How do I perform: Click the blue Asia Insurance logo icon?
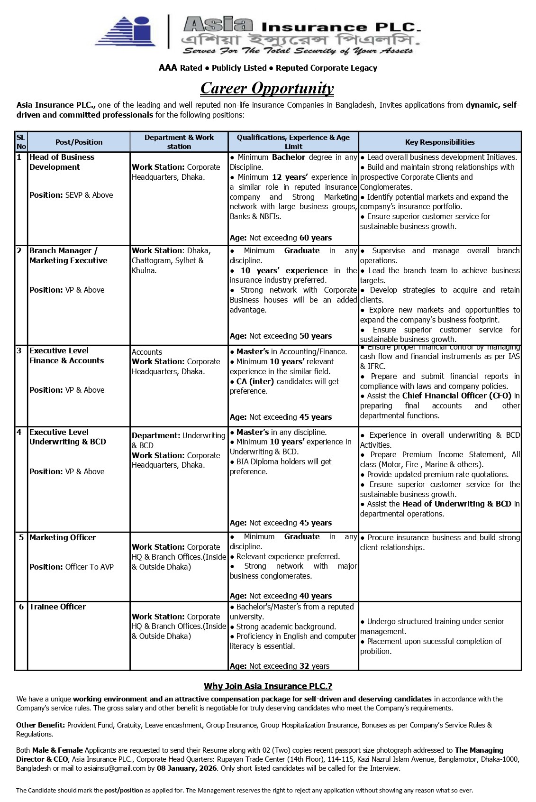point(126,31)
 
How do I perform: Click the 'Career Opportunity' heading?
point(267,88)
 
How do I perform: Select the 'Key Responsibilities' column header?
point(439,142)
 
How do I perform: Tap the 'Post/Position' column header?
point(79,142)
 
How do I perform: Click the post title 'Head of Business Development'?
point(62,162)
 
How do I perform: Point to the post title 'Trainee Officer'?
point(57,607)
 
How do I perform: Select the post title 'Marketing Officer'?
point(62,537)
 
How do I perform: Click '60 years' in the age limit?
point(315,238)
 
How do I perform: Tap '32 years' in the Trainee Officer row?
point(314,666)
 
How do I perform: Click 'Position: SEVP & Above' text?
point(71,195)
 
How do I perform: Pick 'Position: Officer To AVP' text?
point(71,567)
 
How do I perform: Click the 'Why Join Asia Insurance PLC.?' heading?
point(268,686)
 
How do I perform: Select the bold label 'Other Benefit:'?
point(41,725)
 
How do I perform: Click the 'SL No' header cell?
point(21,142)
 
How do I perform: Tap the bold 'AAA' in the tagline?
point(168,68)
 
